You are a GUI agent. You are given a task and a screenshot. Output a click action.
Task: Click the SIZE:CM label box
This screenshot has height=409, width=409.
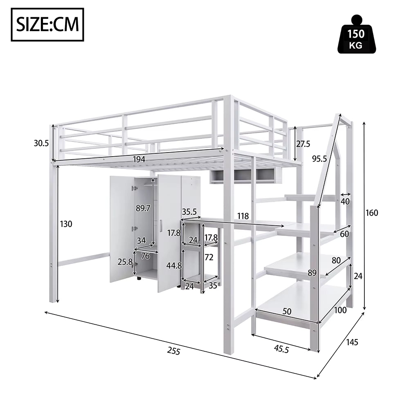click(47, 25)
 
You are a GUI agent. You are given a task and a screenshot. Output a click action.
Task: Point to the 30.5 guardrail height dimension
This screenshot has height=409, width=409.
click(41, 143)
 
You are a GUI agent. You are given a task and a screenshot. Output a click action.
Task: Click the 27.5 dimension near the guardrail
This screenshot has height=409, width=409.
click(304, 144)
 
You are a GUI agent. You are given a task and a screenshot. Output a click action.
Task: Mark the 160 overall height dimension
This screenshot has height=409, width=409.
click(372, 213)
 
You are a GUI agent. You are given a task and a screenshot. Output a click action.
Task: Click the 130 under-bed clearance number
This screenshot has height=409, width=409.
click(66, 224)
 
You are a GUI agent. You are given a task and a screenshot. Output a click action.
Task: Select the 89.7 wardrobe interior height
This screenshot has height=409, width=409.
click(143, 208)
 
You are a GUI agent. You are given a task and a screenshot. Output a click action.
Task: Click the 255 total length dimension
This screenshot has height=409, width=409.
click(174, 351)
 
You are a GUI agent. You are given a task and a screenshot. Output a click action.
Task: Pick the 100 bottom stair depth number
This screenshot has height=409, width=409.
click(340, 310)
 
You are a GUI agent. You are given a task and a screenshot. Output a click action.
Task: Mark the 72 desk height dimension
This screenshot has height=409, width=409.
click(209, 257)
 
